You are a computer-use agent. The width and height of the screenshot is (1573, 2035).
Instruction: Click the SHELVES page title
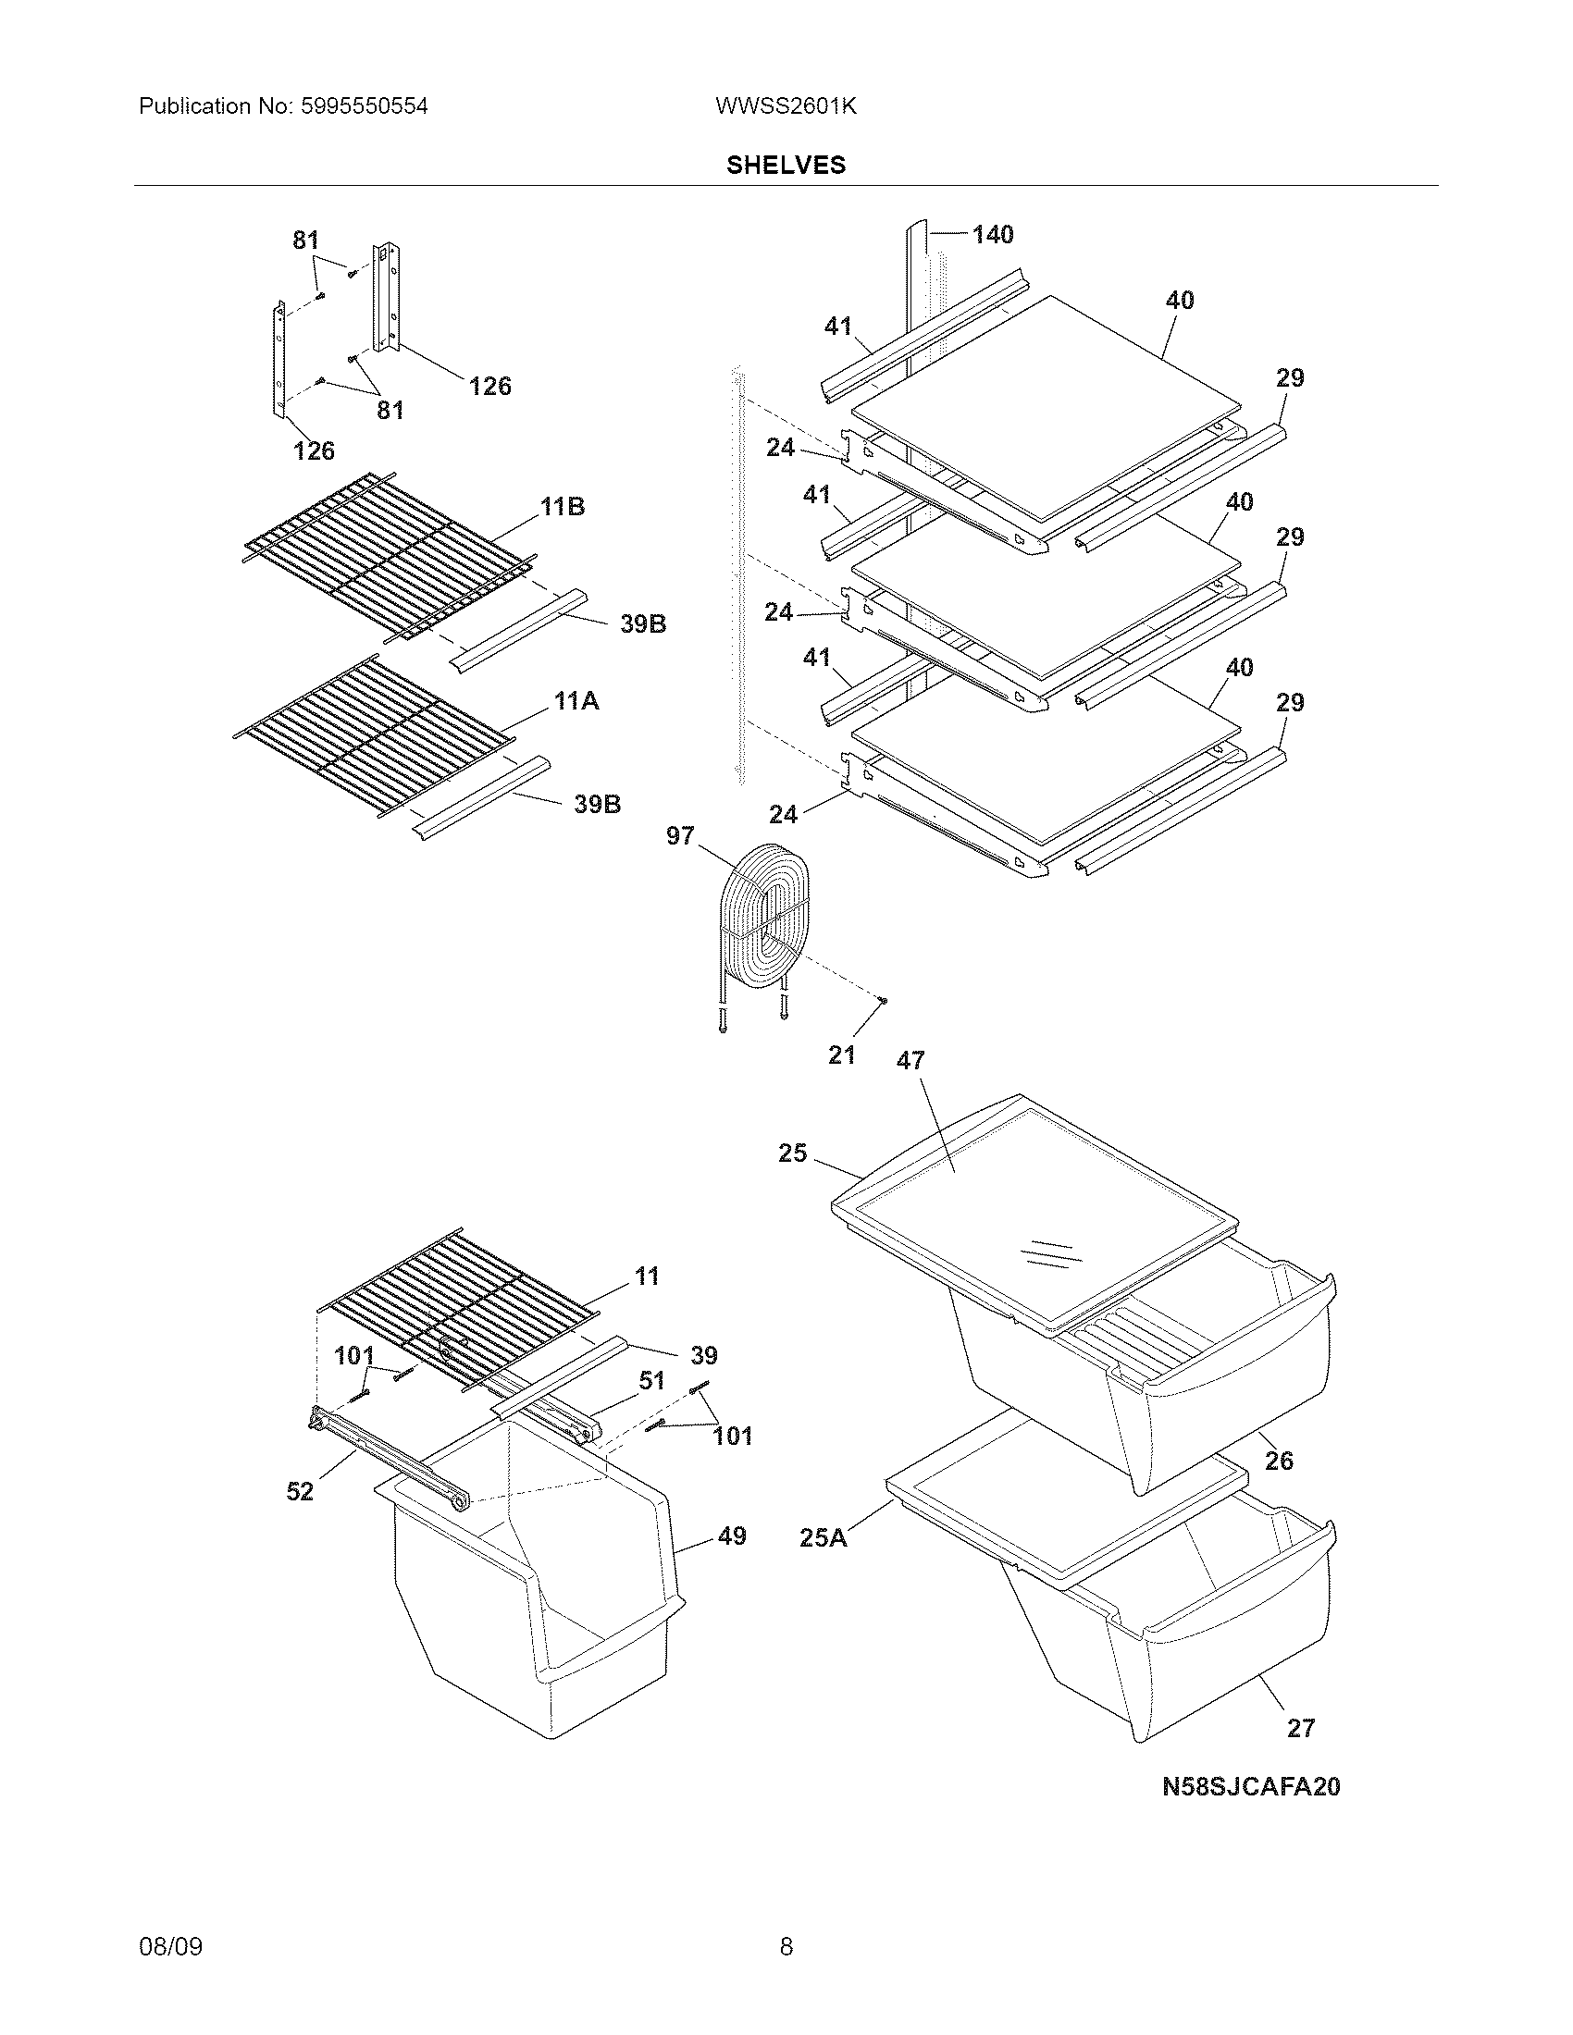[x=786, y=165]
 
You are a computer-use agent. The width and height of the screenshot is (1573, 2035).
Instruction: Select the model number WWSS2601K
[x=786, y=106]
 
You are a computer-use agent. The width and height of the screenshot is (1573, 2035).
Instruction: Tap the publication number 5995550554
[x=364, y=106]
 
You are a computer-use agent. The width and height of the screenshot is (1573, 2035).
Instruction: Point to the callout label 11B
[x=563, y=507]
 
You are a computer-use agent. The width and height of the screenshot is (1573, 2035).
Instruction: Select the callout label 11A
[x=576, y=701]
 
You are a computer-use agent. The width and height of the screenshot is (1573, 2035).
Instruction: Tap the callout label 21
[x=841, y=1054]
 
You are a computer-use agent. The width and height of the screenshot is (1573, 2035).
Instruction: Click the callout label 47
[x=910, y=1060]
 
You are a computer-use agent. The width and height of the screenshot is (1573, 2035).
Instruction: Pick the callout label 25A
[x=824, y=1537]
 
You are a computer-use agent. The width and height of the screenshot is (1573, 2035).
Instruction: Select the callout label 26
[x=1279, y=1460]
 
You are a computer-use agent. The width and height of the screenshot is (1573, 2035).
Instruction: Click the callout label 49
[x=733, y=1535]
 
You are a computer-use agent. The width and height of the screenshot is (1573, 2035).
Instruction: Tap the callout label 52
[x=299, y=1492]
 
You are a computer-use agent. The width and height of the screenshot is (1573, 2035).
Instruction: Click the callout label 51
[x=652, y=1380]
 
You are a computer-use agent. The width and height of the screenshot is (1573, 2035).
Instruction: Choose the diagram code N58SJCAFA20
[x=1251, y=1786]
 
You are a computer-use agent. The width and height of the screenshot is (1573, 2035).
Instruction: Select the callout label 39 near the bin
[x=703, y=1355]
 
